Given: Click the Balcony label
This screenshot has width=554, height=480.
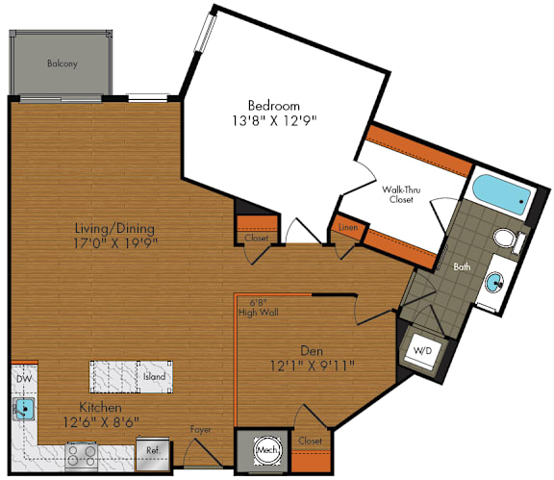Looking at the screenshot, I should point(62,64).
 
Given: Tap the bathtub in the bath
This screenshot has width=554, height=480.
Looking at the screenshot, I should point(498,195).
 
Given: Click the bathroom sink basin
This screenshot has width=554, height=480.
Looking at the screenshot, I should point(493,283).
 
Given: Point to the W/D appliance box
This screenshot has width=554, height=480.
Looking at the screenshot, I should point(423,352).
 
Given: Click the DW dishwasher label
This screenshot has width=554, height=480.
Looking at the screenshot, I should point(22,379).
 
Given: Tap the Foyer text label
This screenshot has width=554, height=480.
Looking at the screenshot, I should point(200,429).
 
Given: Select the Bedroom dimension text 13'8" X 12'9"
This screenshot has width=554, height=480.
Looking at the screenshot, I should point(274,120).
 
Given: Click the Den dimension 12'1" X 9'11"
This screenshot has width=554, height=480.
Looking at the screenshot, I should point(313,364).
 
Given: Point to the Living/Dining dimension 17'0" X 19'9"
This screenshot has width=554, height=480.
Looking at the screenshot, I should point(115,242).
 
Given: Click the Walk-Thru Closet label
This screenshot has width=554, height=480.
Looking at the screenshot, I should point(402,195).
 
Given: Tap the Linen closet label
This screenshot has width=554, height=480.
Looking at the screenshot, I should point(346,227).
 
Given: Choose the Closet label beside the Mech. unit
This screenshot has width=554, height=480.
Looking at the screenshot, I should point(310,441).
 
